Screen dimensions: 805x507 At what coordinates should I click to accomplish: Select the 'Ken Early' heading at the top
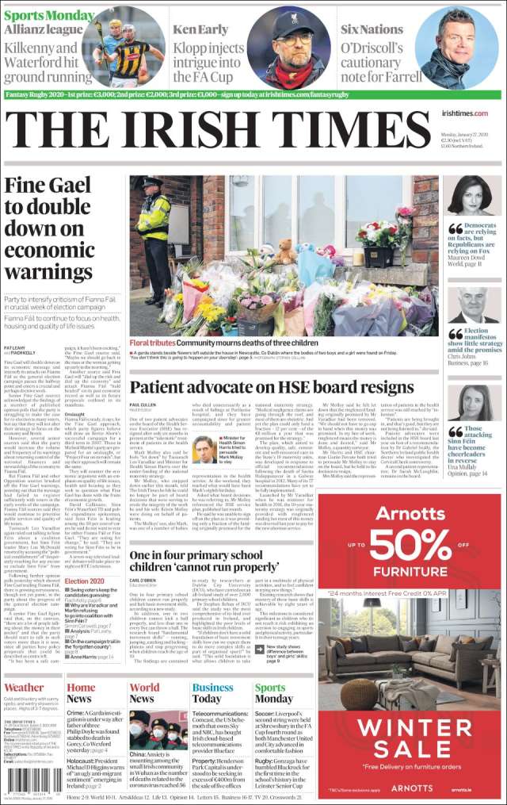point(202,29)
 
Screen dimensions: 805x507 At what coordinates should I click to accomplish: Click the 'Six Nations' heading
point(371,29)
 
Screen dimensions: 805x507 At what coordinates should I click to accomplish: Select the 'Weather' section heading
point(24,688)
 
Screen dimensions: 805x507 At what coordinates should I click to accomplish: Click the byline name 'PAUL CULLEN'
point(143,405)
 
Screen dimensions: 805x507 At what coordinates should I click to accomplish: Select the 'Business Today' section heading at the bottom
point(212,693)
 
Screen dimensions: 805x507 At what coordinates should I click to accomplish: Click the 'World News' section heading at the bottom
point(144,693)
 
